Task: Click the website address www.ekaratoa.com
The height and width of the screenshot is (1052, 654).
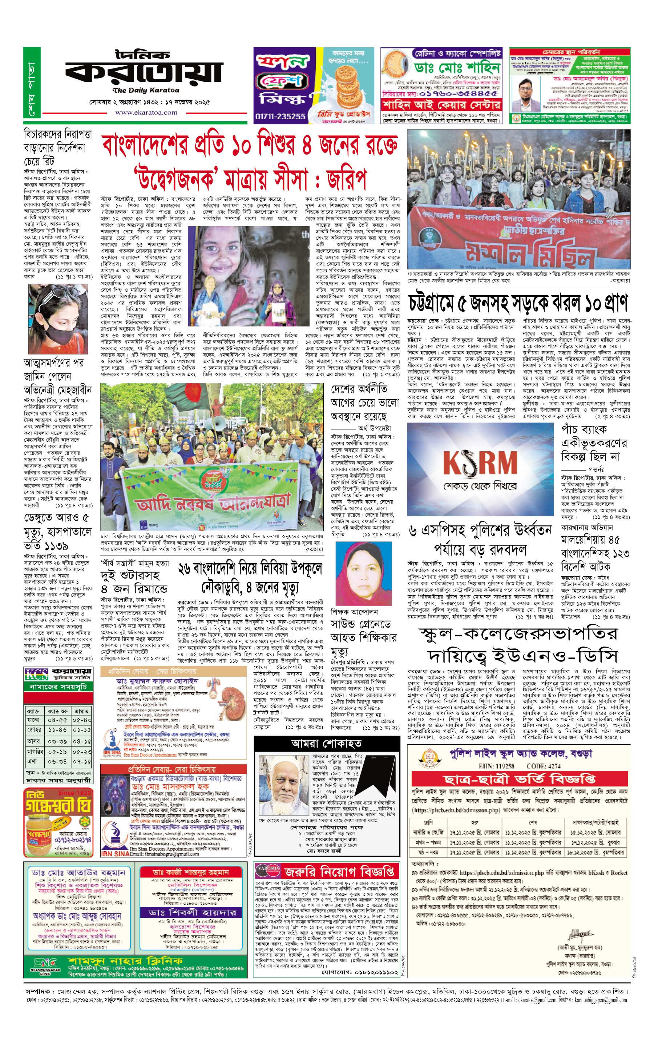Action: tap(146, 113)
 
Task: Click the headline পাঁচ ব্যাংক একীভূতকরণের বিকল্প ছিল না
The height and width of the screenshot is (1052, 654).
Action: tap(591, 443)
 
